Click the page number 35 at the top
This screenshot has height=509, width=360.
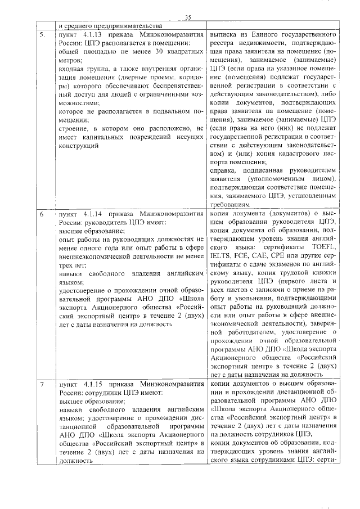point(187,17)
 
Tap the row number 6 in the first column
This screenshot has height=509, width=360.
point(41,214)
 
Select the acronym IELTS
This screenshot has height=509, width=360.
point(220,256)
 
